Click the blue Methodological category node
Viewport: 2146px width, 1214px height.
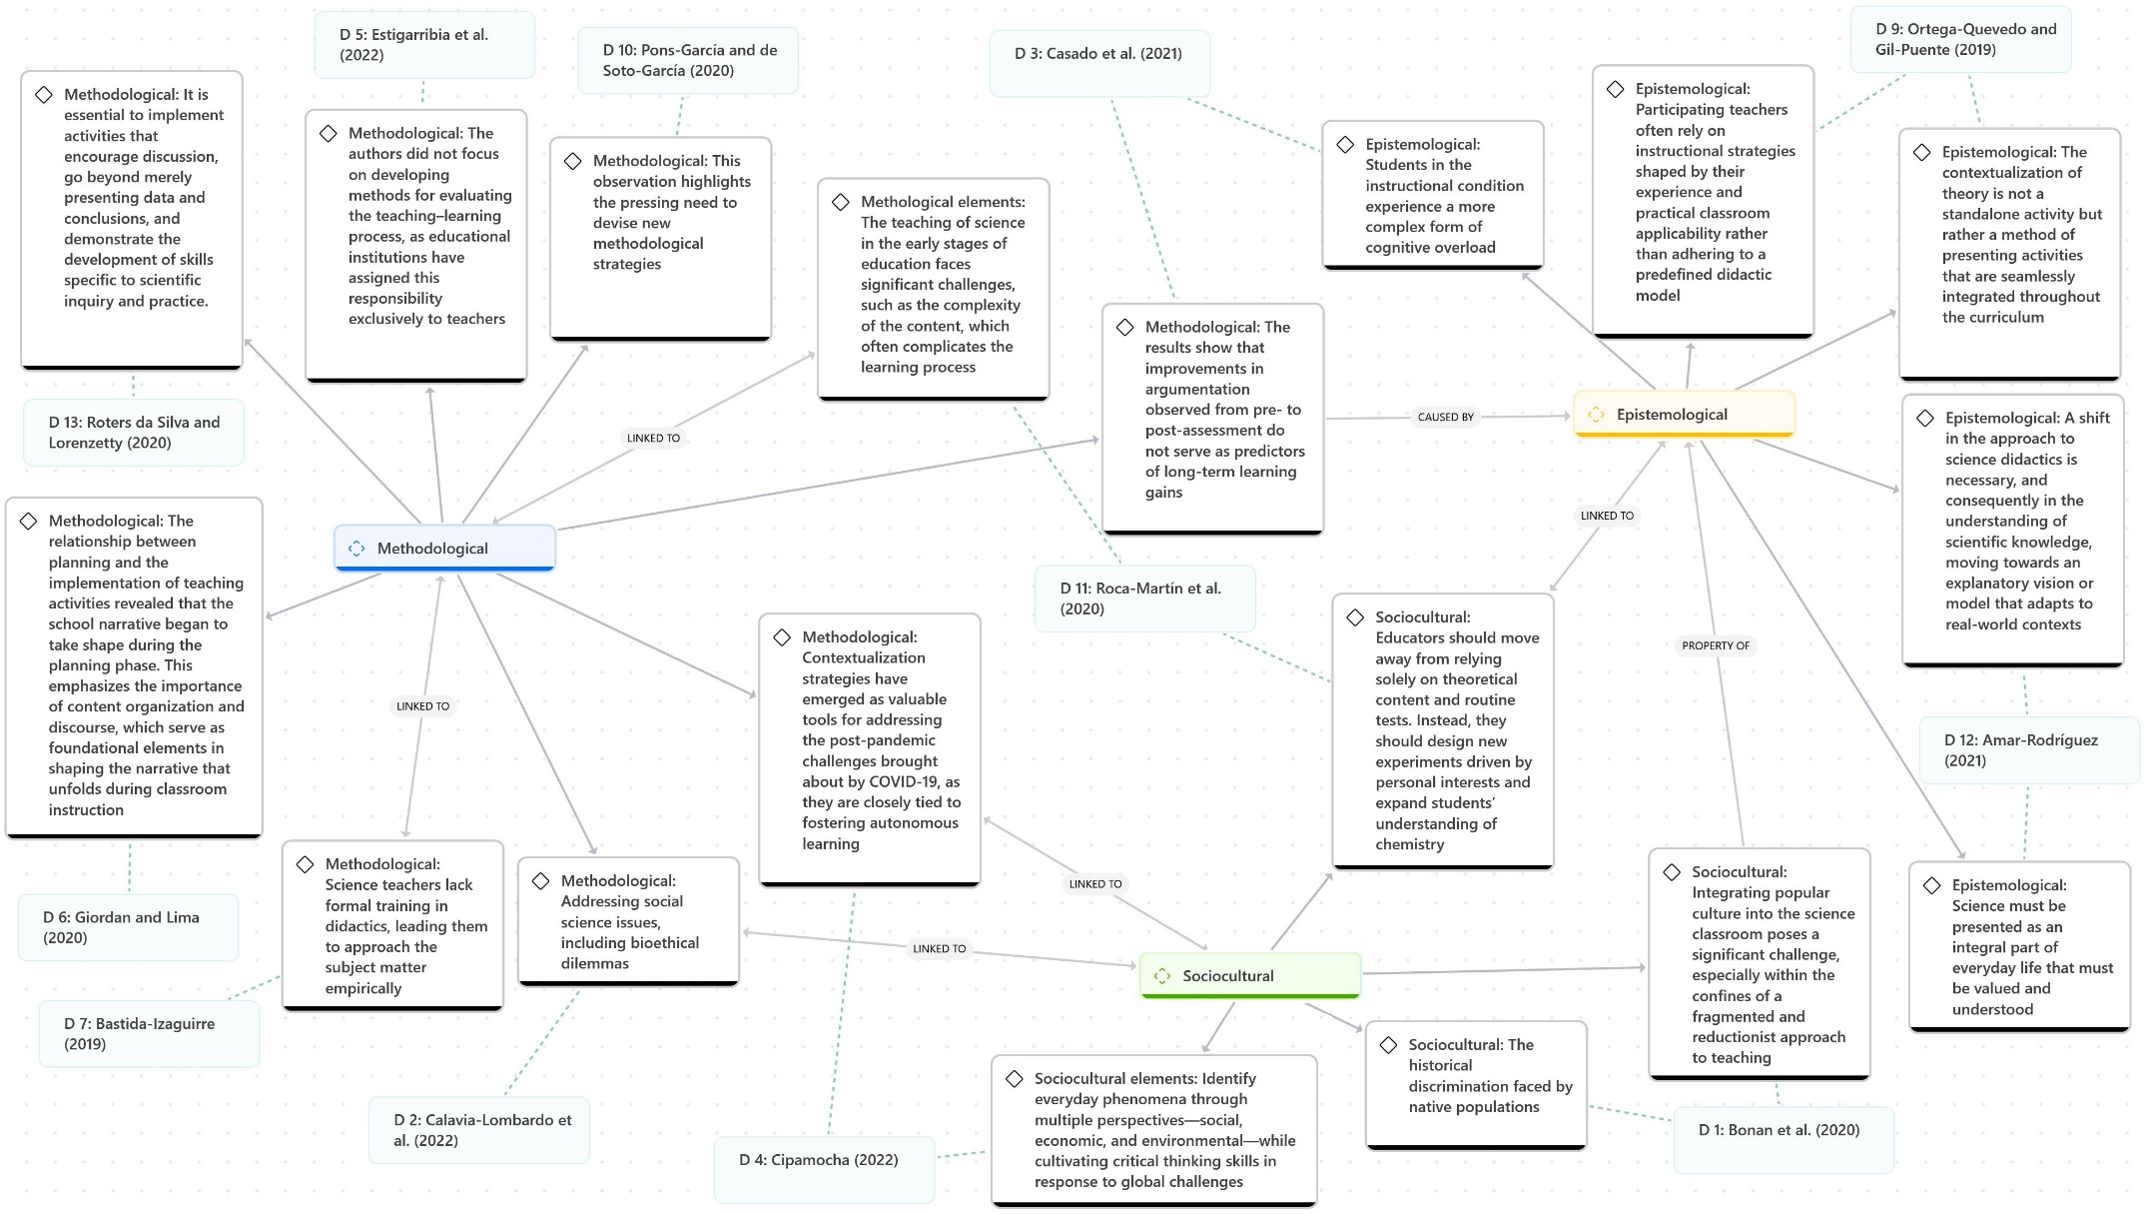pyautogui.click(x=444, y=549)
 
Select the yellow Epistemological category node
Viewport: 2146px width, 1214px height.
pyautogui.click(x=1684, y=415)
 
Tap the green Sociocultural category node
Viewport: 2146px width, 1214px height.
pyautogui.click(x=1249, y=976)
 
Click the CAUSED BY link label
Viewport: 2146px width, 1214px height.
pyautogui.click(x=1445, y=417)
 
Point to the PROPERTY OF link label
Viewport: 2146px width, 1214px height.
pyautogui.click(x=1715, y=645)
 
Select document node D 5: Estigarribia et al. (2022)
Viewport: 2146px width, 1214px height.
pyautogui.click(x=424, y=45)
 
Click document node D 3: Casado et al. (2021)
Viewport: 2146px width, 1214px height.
pyautogui.click(x=1098, y=54)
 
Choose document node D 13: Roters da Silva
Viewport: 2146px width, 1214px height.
pyautogui.click(x=134, y=433)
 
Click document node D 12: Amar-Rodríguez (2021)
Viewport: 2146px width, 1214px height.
pyautogui.click(x=2028, y=750)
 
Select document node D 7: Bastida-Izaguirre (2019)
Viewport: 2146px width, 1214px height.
pyautogui.click(x=149, y=1034)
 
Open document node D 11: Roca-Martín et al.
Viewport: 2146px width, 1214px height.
pyautogui.click(x=1144, y=599)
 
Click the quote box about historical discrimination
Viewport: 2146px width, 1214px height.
pyautogui.click(x=1476, y=1083)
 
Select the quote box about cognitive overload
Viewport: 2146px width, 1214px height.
pyautogui.click(x=1432, y=196)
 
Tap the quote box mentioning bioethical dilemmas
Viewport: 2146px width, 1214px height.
pyautogui.click(x=629, y=921)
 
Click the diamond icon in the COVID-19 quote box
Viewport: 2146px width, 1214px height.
pyautogui.click(x=783, y=637)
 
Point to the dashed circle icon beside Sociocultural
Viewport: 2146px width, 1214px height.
pyautogui.click(x=1162, y=976)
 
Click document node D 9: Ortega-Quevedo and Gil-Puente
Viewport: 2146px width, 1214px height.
pyautogui.click(x=1959, y=40)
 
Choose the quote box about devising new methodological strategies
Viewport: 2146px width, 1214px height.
pyautogui.click(x=661, y=238)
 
